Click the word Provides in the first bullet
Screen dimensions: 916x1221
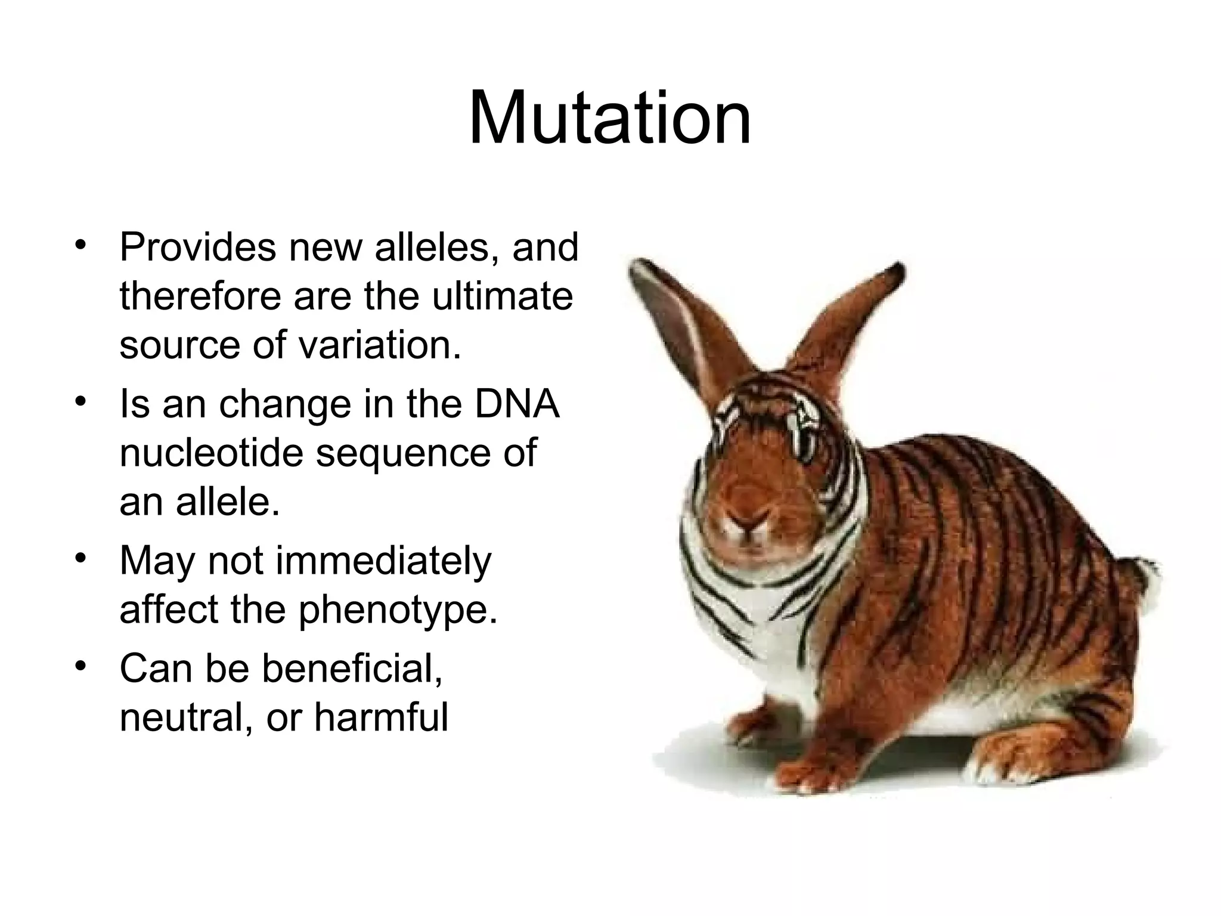pos(197,247)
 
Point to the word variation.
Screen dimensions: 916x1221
pos(380,345)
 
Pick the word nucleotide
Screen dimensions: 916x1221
pos(211,453)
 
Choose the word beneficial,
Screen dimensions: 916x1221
pos(352,669)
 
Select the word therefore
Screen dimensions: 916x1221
pos(200,296)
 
